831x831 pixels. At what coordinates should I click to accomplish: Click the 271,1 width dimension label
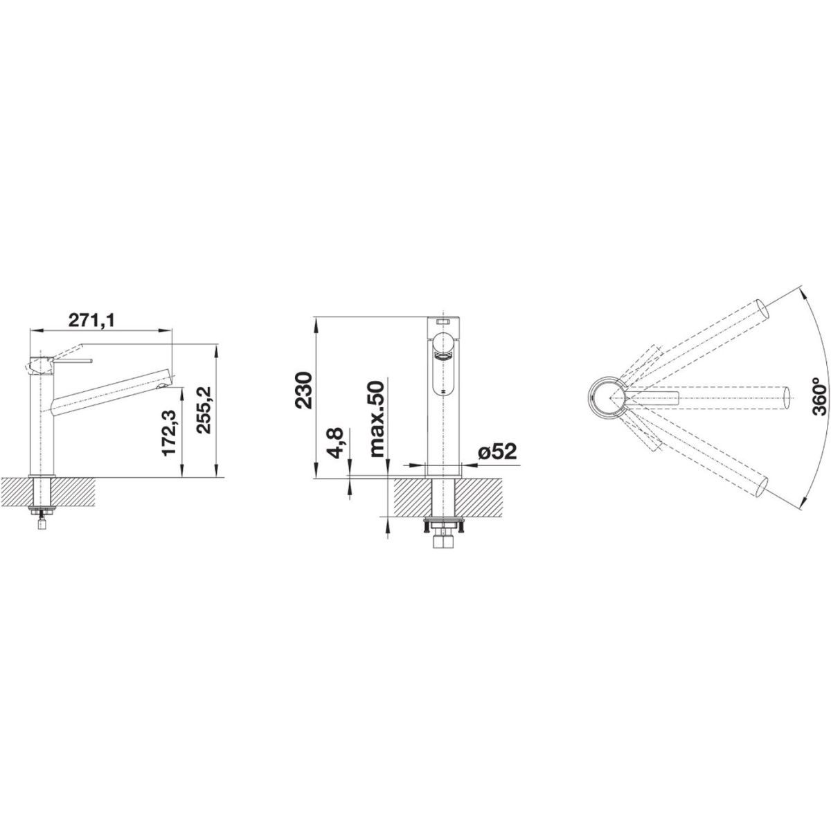pos(92,321)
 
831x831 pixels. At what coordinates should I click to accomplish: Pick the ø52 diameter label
pos(497,452)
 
